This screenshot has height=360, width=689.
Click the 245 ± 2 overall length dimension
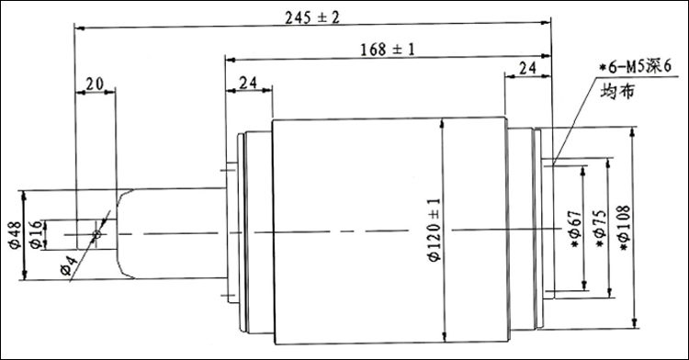312,18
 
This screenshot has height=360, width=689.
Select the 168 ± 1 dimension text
387,50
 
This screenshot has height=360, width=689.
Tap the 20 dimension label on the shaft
94,84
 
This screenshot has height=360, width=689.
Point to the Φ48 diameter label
16,235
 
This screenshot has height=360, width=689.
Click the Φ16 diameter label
38,235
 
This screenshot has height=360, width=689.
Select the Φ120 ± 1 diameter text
434,231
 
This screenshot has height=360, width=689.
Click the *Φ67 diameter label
576,230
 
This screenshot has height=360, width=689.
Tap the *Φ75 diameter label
600,230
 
